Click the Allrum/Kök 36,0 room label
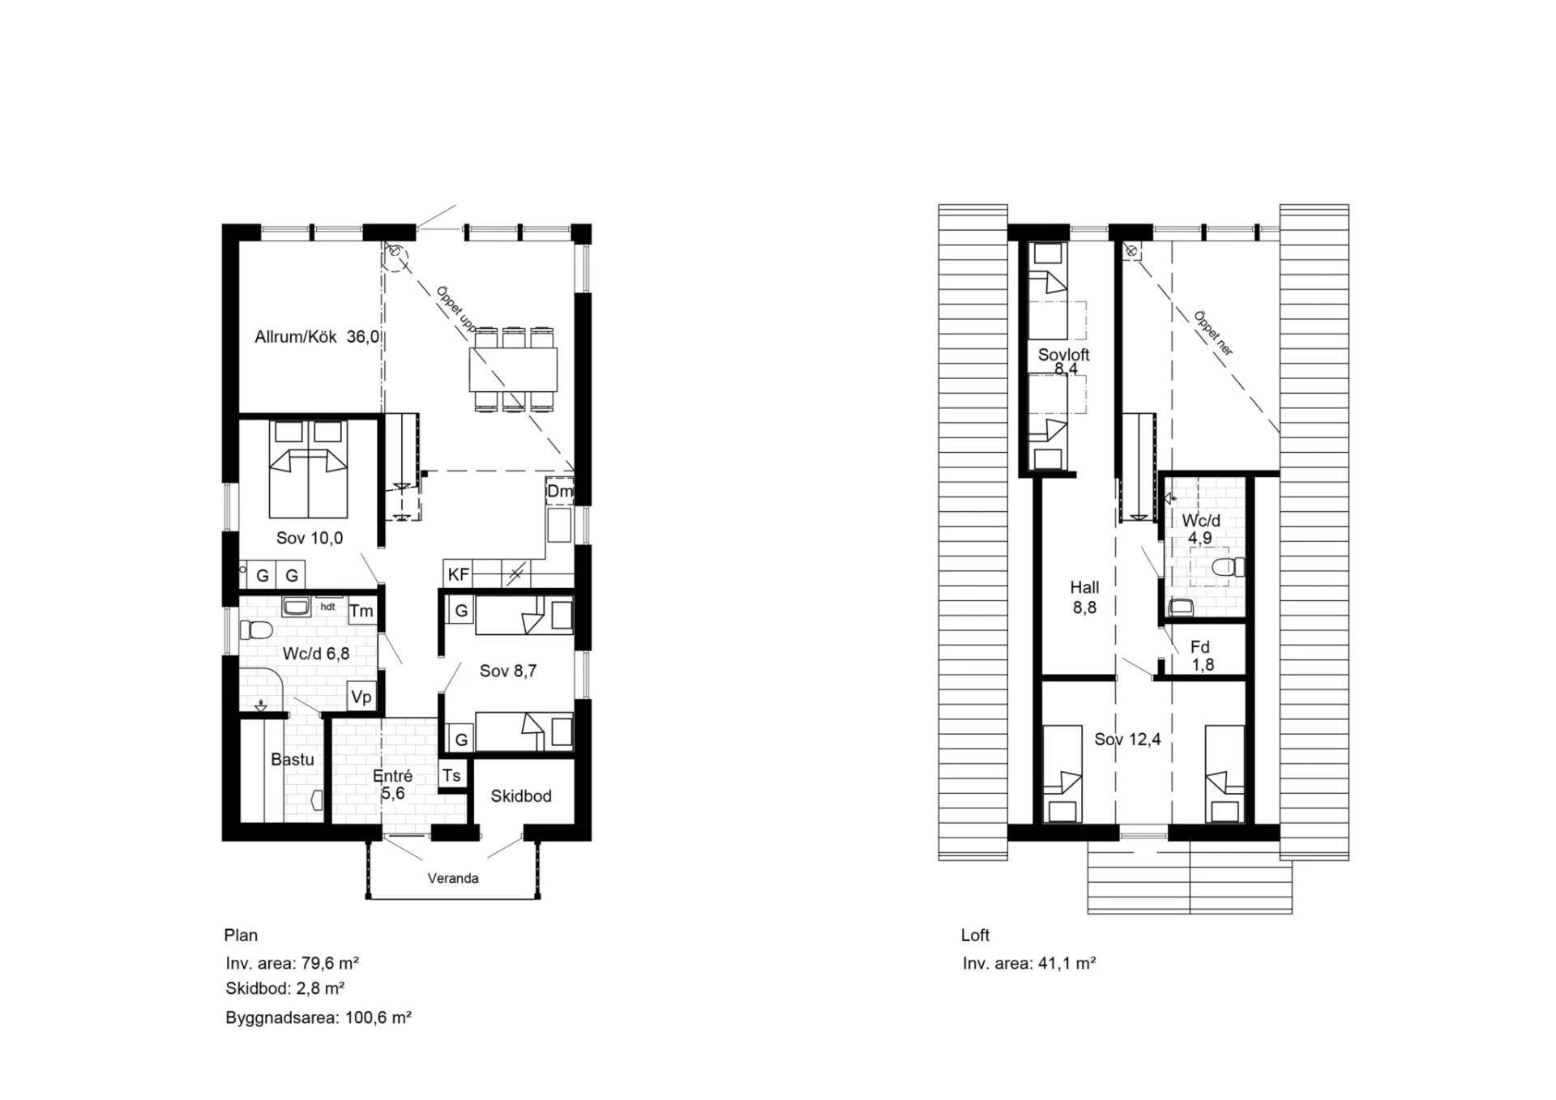click(x=317, y=337)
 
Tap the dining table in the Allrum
click(x=513, y=369)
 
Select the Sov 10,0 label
click(x=310, y=538)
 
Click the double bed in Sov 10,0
click(x=308, y=469)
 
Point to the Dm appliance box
click(x=559, y=491)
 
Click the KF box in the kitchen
click(x=458, y=574)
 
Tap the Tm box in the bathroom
click(x=361, y=611)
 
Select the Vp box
click(x=361, y=697)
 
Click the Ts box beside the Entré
click(x=451, y=775)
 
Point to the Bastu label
click(x=293, y=760)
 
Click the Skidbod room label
click(x=521, y=796)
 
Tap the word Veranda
click(x=453, y=878)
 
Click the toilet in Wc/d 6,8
click(x=256, y=629)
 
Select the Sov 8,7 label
click(x=508, y=671)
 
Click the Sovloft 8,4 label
click(x=1064, y=361)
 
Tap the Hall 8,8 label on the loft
click(x=1084, y=598)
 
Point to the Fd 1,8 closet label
click(x=1202, y=656)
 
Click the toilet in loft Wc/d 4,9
click(x=1228, y=566)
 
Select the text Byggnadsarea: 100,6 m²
click(x=318, y=1017)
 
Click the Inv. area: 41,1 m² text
click(x=1029, y=963)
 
